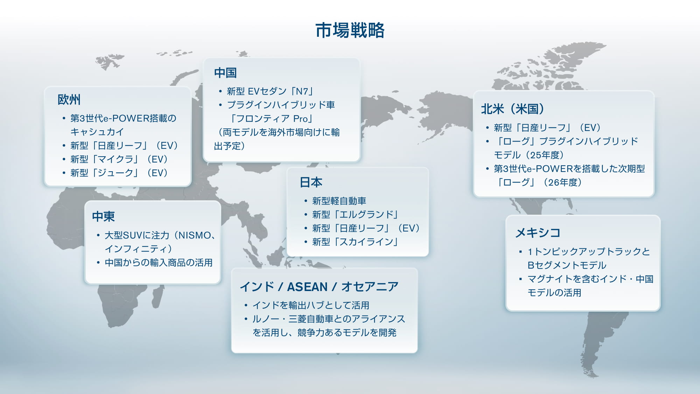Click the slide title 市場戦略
coord(350,30)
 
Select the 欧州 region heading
coord(69,99)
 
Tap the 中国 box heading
coord(225,73)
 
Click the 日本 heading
coord(311,182)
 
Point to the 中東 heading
coord(103,216)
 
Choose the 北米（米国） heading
coord(513,109)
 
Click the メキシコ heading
coord(538,233)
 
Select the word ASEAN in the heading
coord(307,287)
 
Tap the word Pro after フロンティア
coord(300,119)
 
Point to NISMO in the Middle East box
coord(195,235)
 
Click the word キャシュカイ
coord(97,132)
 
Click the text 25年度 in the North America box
coord(546,155)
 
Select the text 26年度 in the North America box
coord(564,182)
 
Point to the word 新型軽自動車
coord(339,201)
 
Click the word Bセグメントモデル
coord(567,265)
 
